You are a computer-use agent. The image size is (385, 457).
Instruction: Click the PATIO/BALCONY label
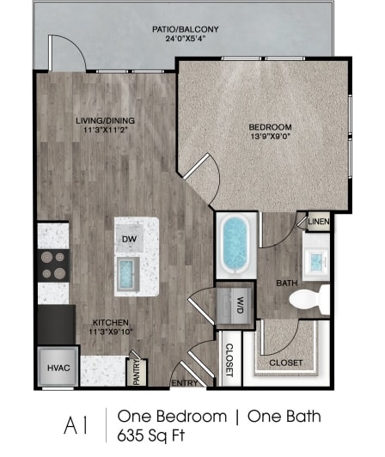coord(185,29)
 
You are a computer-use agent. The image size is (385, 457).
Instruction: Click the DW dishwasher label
coord(128,240)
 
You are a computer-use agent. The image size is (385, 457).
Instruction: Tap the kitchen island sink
coord(129,274)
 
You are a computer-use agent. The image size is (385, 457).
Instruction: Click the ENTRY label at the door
coord(185,383)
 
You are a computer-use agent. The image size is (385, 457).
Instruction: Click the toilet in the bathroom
coord(309,300)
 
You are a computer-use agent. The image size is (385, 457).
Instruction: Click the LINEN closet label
coord(318,222)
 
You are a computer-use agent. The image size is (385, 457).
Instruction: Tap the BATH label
coord(286,282)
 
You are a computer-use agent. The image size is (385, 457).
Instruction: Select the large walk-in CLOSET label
coord(286,363)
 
